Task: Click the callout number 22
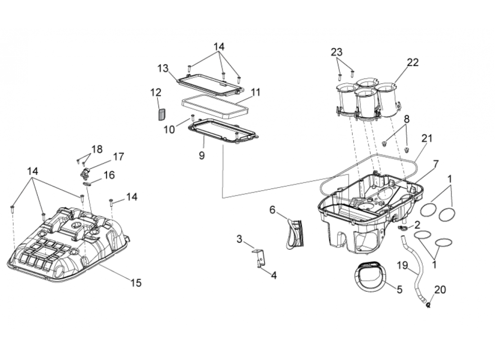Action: pyautogui.click(x=413, y=63)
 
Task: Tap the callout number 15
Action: pyautogui.click(x=136, y=283)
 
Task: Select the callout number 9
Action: pyautogui.click(x=202, y=155)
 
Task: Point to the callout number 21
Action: pyautogui.click(x=426, y=139)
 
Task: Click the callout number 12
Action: pyautogui.click(x=156, y=92)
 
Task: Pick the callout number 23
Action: pyautogui.click(x=337, y=52)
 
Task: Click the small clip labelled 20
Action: pyautogui.click(x=429, y=306)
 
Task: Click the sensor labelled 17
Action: pyautogui.click(x=85, y=173)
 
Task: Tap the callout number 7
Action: pyautogui.click(x=436, y=164)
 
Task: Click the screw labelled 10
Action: pyautogui.click(x=192, y=118)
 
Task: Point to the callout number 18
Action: pyautogui.click(x=97, y=149)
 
